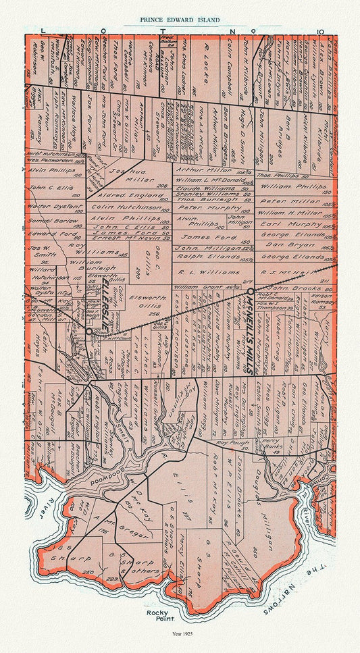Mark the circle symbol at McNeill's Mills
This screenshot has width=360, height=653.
250,290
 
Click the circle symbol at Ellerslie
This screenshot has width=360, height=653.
88,331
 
